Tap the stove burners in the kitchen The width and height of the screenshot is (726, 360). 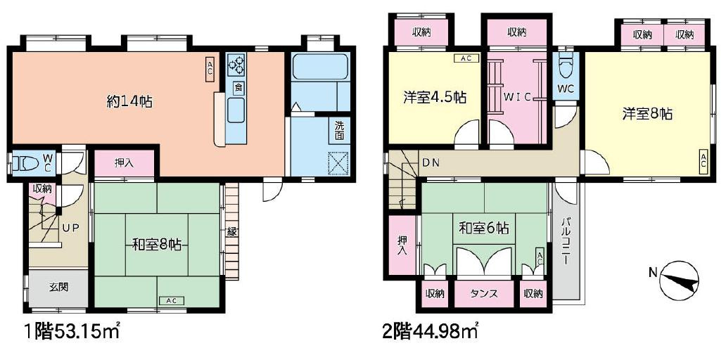coord(237,65)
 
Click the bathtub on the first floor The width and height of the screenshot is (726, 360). coord(320,67)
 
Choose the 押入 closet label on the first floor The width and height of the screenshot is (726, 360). coord(124,163)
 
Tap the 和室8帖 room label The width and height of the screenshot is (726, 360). coord(157,245)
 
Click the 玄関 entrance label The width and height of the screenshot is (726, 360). coord(58,287)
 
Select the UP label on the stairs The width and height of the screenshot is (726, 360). coord(70,228)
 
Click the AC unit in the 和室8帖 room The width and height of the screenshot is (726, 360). coord(171,300)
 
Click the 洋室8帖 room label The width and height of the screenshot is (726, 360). coord(647,113)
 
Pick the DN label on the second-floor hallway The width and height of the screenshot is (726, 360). coord(431,163)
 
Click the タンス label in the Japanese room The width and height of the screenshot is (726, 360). coord(484,293)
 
